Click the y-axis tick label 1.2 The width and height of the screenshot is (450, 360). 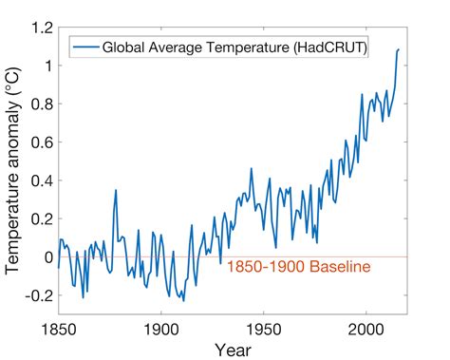(x=41, y=28)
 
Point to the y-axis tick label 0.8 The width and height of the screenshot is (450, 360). (x=41, y=104)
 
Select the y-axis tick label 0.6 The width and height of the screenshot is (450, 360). (x=41, y=142)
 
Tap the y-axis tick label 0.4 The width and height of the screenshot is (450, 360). (x=41, y=180)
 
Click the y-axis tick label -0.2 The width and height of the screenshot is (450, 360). (x=38, y=295)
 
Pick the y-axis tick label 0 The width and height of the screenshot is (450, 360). (x=47, y=257)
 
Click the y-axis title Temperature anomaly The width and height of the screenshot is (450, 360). (x=13, y=171)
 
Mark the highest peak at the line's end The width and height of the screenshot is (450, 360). (x=399, y=49)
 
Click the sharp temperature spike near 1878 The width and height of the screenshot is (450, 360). (x=116, y=191)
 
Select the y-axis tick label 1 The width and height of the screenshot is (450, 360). (x=47, y=66)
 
